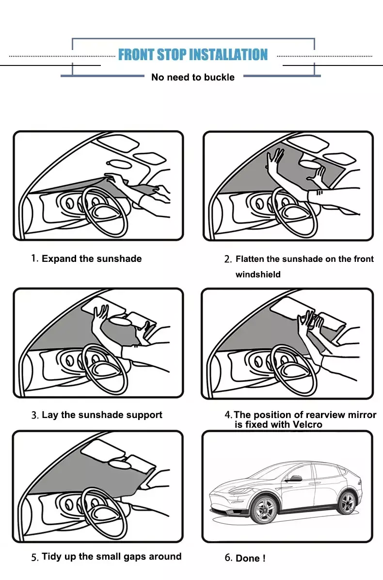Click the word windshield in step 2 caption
click(258, 274)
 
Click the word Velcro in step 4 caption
click(307, 425)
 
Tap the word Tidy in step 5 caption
click(51, 557)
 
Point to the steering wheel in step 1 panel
click(106, 212)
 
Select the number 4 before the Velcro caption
click(228, 415)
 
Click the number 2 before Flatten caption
click(227, 259)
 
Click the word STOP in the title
click(172, 55)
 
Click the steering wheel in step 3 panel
click(105, 369)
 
